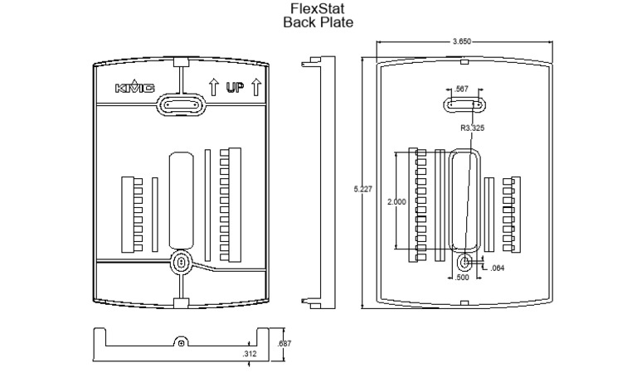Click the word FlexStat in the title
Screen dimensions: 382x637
coord(318,9)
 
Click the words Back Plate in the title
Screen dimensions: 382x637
coord(318,22)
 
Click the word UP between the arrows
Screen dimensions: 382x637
coord(235,87)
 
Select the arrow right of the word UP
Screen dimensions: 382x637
coord(256,87)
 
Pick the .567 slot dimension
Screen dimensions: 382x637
coord(463,89)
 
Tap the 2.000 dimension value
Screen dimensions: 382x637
coord(397,201)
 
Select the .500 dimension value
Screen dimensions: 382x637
coord(464,278)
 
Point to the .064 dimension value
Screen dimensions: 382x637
coord(497,268)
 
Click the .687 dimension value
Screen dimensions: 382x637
coord(284,343)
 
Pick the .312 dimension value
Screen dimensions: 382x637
coord(248,354)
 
